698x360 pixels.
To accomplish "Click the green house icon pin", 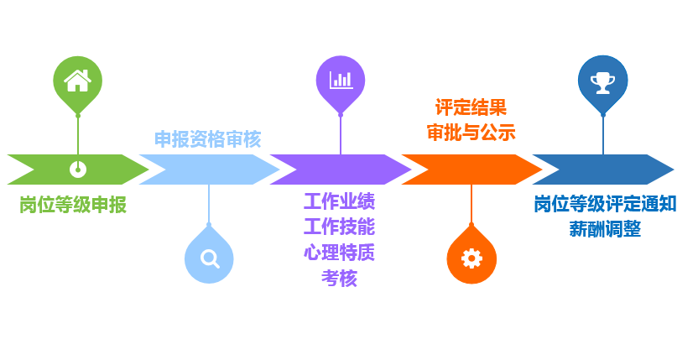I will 77,81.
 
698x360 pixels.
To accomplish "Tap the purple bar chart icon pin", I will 341,81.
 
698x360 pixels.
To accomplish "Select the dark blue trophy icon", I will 602,81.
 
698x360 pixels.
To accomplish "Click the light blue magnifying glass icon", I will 209,258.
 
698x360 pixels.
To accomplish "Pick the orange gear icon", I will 471,258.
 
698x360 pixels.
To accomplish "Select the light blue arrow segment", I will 209,170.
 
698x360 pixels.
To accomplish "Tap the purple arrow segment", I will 341,170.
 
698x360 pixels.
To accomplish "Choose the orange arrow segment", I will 471,170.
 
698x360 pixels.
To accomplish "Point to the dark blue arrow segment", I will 602,170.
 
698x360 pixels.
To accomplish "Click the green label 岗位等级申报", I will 73,205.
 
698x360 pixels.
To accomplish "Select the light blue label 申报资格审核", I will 207,138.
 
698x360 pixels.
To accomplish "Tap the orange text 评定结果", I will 471,107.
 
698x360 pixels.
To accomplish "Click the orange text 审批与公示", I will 471,132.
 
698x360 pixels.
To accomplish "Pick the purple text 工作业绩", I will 339,202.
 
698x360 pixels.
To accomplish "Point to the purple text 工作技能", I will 339,227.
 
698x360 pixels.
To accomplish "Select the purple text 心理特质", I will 339,253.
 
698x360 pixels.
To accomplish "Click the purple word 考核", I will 339,278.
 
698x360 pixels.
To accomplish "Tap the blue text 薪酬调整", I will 605,229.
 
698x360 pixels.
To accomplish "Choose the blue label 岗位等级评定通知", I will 605,204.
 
